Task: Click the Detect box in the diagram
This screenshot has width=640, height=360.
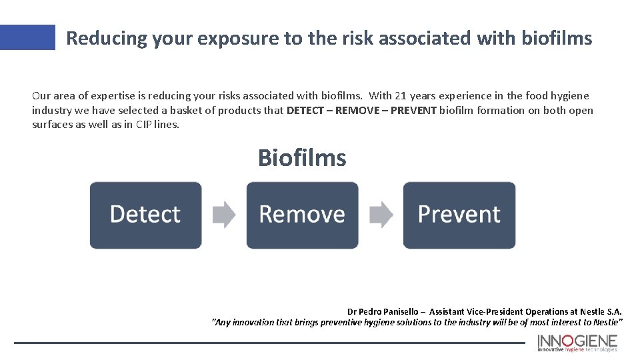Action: coord(145,215)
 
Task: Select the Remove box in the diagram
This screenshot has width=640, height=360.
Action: coord(302,215)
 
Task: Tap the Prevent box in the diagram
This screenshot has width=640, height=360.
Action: coord(459,215)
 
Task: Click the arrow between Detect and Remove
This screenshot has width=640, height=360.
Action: coord(224,215)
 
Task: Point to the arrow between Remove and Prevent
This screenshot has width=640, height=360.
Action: coord(381,215)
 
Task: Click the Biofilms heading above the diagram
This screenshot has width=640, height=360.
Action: coord(302,158)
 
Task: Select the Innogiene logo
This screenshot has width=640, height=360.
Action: coord(577,342)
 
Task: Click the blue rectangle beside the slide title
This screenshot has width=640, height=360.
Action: coord(27,37)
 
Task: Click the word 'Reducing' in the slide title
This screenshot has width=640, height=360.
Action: coord(107,38)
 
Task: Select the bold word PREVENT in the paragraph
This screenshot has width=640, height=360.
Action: coord(413,111)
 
